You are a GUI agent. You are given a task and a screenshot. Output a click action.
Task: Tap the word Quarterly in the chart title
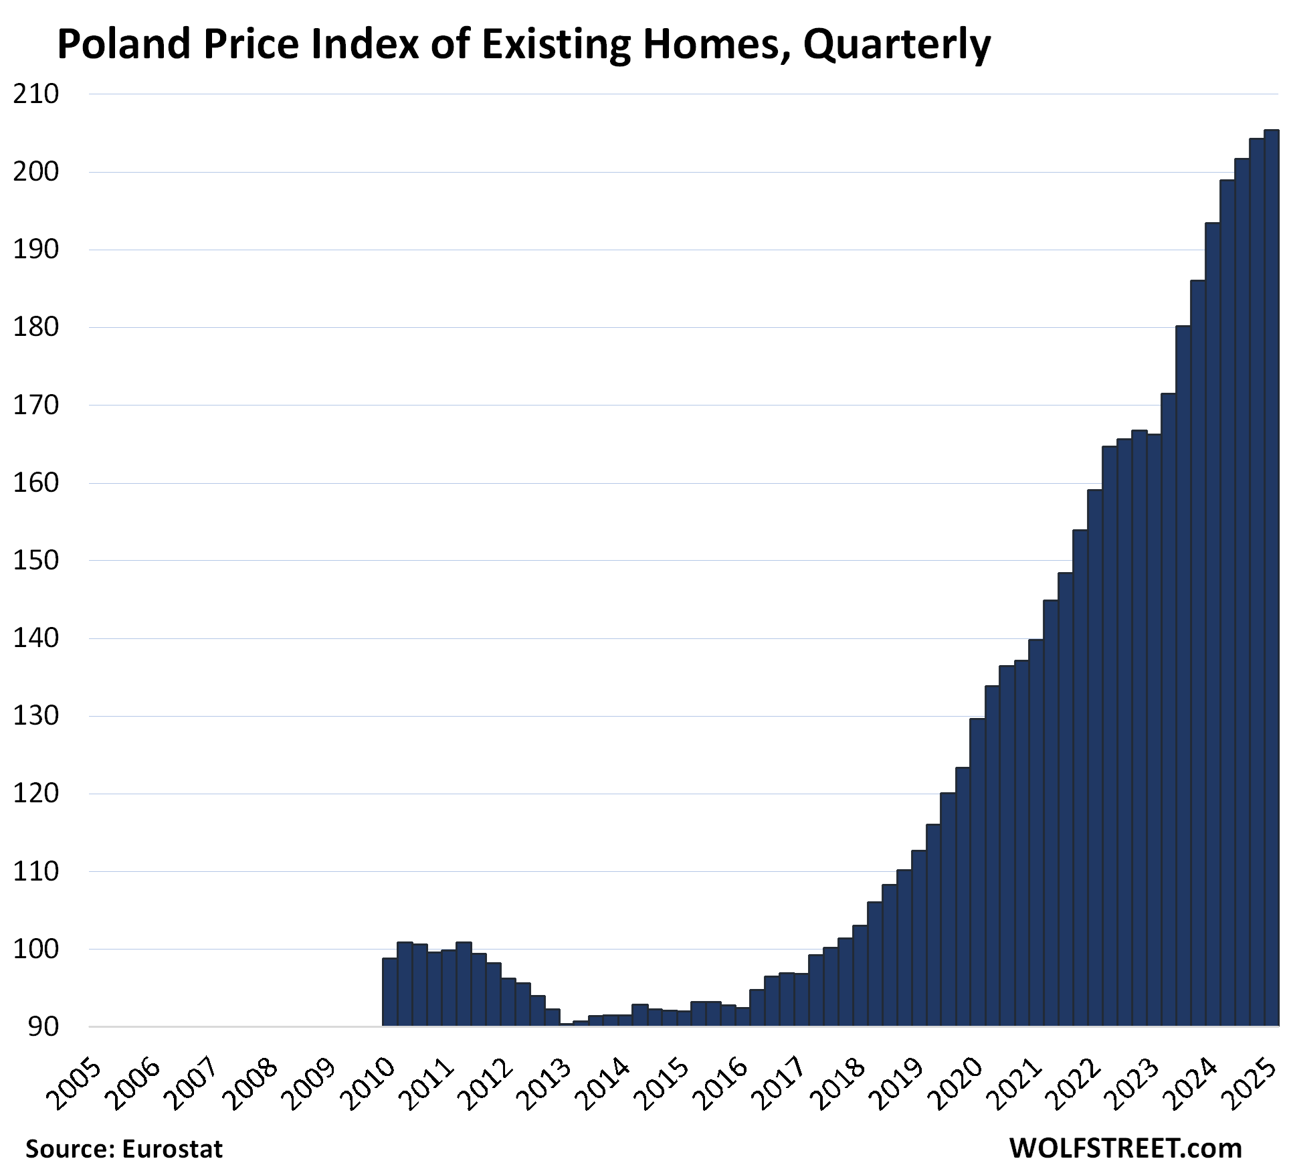896,46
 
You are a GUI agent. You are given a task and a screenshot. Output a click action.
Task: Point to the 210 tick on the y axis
36,94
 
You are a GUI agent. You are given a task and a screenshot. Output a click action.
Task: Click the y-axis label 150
36,561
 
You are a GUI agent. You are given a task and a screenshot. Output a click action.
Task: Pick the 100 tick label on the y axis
36,950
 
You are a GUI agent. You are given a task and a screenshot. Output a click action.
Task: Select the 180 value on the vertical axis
36,327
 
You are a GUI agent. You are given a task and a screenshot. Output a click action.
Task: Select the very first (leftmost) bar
389,992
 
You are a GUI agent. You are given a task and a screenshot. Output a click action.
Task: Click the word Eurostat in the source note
172,1149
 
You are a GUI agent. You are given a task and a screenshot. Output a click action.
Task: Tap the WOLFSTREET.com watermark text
1125,1148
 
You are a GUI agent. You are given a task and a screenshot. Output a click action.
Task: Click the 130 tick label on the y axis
36,716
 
